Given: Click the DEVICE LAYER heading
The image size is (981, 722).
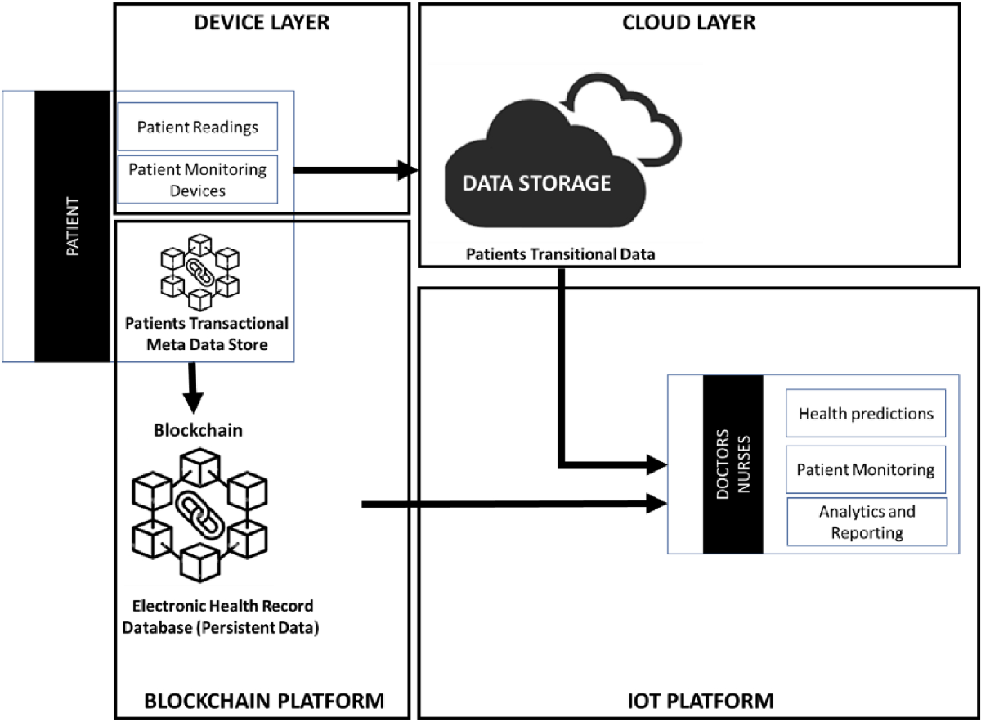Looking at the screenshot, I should (x=261, y=22).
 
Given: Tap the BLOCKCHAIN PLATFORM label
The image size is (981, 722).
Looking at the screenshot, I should (x=263, y=700).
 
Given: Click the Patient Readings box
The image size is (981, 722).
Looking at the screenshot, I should (x=198, y=127).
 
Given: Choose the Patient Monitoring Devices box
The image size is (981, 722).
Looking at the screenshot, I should (x=198, y=179).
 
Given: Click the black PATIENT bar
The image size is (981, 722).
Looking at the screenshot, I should (x=72, y=226).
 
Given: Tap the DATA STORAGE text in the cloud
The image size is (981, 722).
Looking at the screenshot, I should (x=536, y=182).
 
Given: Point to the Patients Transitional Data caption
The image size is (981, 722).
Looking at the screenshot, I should (x=561, y=254).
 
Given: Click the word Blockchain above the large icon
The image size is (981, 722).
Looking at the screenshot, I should (x=198, y=431).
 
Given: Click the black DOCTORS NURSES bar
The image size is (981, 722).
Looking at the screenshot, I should (x=732, y=464).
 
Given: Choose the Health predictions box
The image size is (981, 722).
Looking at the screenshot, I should (x=865, y=414).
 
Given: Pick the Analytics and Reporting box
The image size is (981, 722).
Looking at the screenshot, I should (x=866, y=522).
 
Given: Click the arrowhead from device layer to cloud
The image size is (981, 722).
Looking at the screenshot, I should (x=406, y=171).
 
